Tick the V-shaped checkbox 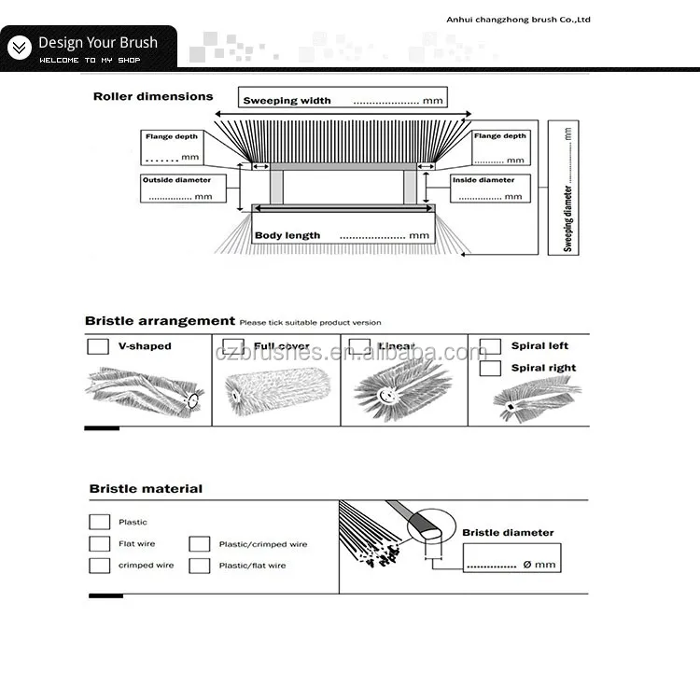coord(97,346)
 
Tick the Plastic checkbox coord(99,523)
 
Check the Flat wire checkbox coord(99,544)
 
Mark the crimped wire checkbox coord(99,566)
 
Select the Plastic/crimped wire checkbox coord(199,544)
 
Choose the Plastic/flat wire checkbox coord(199,566)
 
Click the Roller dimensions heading coord(153,96)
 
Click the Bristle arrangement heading coord(160,321)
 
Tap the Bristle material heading coord(146,489)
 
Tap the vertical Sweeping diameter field coord(567,187)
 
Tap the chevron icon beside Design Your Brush coord(19,47)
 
